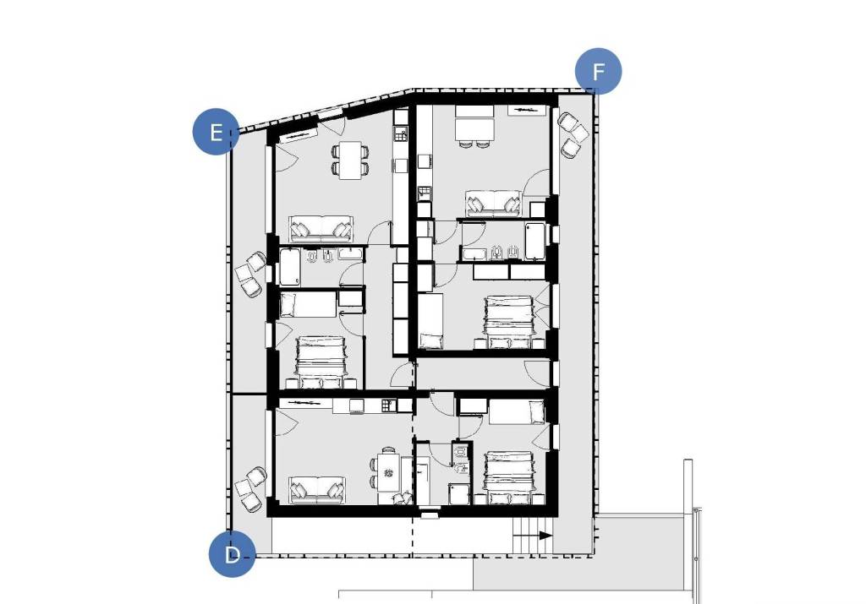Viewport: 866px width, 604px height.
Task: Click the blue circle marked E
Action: click(x=216, y=133)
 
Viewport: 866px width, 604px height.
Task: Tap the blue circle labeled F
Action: click(x=598, y=71)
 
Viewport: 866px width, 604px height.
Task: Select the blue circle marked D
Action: click(x=232, y=554)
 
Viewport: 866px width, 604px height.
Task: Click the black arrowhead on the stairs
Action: click(x=545, y=535)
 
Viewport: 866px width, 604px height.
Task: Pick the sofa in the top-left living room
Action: click(x=321, y=229)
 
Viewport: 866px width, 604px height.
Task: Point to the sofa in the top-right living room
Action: click(x=493, y=204)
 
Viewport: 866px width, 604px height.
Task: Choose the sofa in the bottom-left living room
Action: click(x=318, y=490)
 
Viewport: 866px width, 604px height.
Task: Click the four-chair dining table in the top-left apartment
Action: click(x=350, y=160)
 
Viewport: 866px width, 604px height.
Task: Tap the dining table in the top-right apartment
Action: click(x=474, y=127)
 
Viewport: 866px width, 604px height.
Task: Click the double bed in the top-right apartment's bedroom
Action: click(x=508, y=324)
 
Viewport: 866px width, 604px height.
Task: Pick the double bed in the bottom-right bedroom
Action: click(x=508, y=477)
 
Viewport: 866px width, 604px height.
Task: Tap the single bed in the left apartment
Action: click(x=309, y=305)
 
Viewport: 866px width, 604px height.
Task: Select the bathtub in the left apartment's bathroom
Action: click(x=290, y=267)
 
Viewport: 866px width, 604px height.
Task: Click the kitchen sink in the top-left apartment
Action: click(x=400, y=133)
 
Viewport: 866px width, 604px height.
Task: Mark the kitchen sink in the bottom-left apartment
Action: click(x=388, y=405)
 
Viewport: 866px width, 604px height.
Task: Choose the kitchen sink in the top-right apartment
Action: click(x=425, y=193)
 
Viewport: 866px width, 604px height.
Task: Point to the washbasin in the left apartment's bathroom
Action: click(x=350, y=253)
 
